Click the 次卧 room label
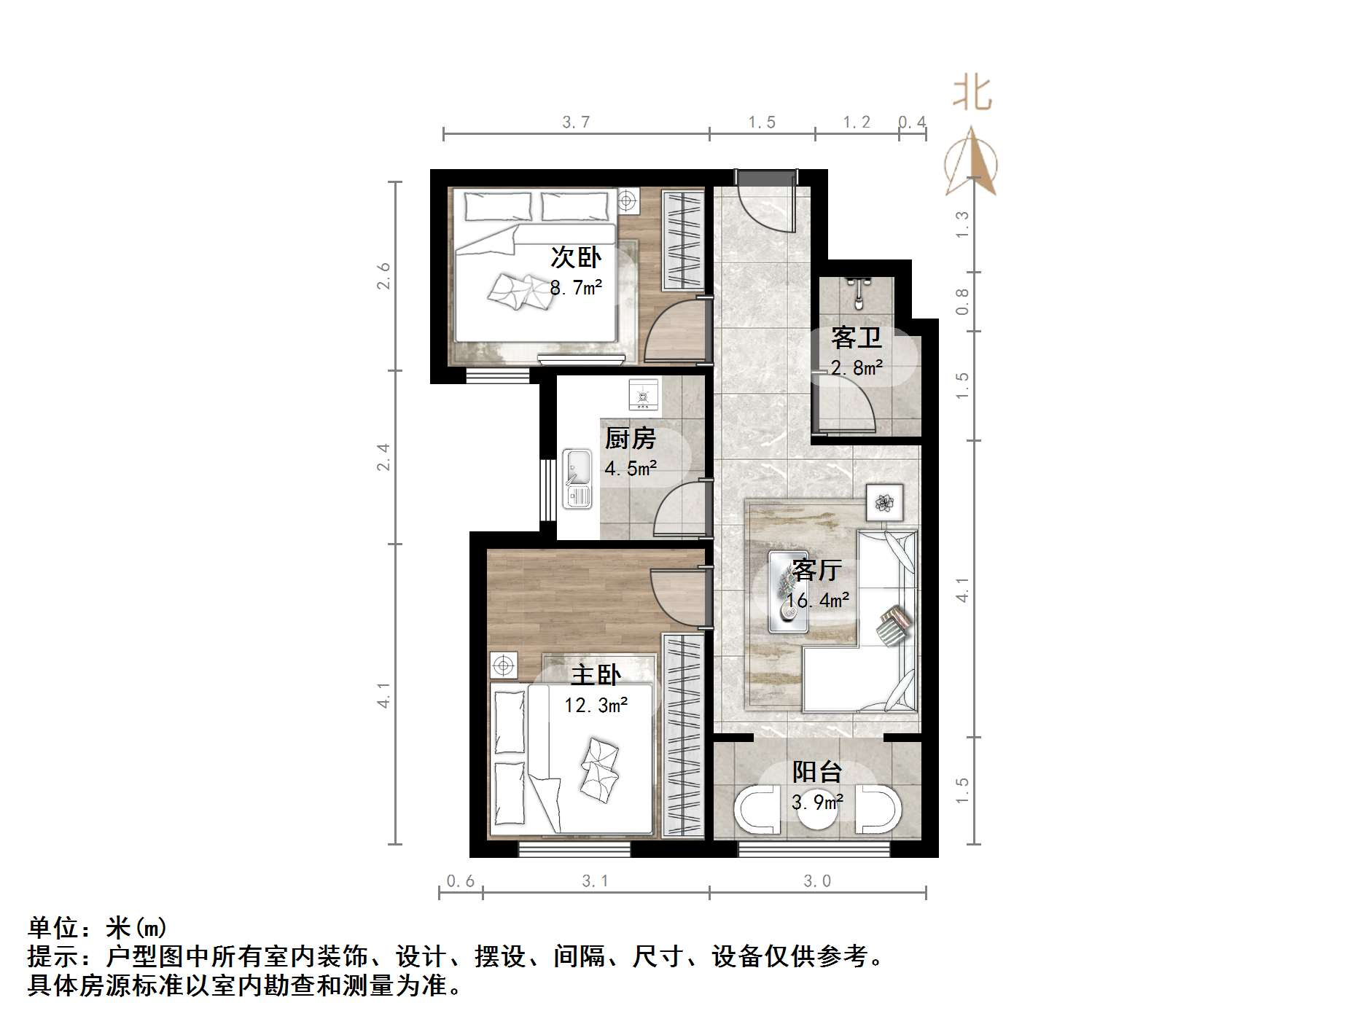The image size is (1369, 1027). coord(575,257)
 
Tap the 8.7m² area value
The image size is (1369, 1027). coord(575,287)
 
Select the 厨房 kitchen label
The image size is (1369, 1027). coord(630,438)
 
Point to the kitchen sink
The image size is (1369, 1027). coord(577,479)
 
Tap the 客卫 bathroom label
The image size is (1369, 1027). coord(856,337)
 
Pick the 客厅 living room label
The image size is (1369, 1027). coord(817,569)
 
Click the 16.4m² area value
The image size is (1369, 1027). coord(817,601)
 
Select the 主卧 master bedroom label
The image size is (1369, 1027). coord(596,674)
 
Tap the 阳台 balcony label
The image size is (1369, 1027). coord(817,771)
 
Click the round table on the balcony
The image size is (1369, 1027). coord(816,809)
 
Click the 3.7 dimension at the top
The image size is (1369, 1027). coord(575,122)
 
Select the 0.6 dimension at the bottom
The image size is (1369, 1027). coord(460,881)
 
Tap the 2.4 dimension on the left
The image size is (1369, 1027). coord(383,457)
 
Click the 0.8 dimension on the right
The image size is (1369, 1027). coord(962,300)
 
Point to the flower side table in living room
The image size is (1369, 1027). coord(884,501)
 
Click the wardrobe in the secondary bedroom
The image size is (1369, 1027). coord(682,240)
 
